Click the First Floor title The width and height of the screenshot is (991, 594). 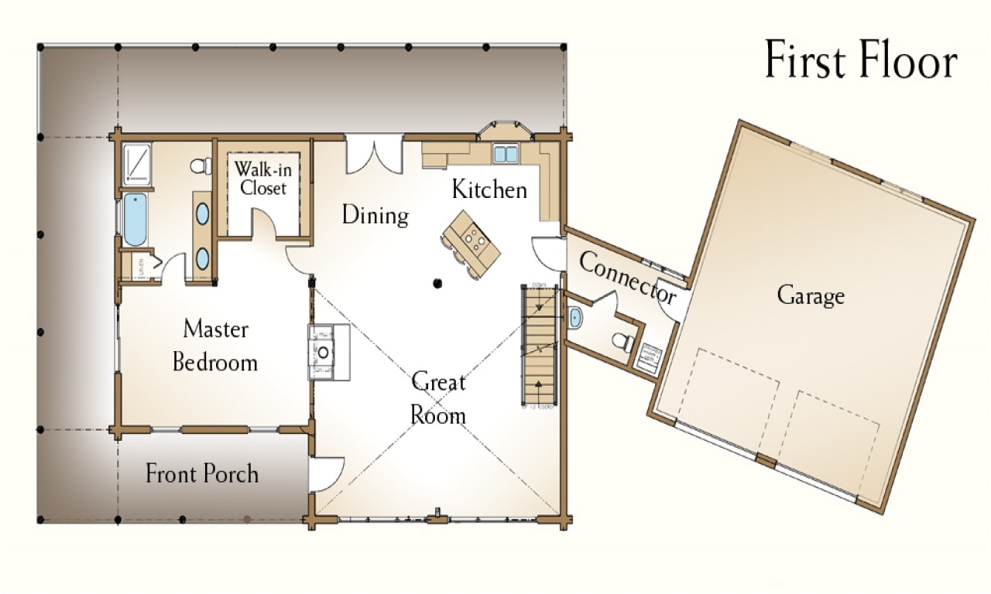(861, 60)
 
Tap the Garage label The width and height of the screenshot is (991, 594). (811, 295)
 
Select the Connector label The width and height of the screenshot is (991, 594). (628, 278)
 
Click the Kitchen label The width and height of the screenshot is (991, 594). (489, 189)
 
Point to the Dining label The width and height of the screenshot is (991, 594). (375, 215)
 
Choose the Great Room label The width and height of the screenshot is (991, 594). (438, 398)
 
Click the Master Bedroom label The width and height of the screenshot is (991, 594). (215, 345)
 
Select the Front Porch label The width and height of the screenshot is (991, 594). (202, 473)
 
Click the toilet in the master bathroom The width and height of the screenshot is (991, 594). (201, 166)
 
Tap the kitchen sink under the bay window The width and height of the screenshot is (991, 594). (506, 153)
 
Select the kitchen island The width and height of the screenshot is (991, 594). (471, 241)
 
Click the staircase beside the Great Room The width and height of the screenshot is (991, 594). (539, 345)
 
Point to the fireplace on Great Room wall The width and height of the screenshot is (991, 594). (327, 352)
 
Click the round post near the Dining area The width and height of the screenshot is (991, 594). (438, 283)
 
